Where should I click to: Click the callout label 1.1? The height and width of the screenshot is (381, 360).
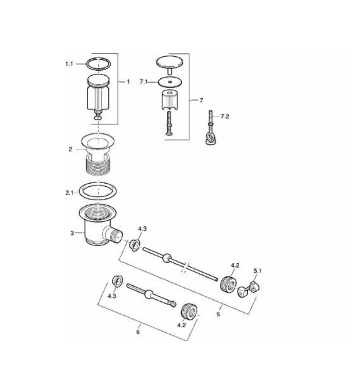[69, 63]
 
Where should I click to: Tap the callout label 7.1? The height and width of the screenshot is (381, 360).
[144, 82]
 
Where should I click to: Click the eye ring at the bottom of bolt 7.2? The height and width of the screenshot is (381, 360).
[210, 138]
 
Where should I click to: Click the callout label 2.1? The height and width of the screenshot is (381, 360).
[69, 193]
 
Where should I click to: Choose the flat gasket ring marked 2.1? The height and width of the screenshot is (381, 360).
[98, 190]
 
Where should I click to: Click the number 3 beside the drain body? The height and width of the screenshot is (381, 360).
[72, 233]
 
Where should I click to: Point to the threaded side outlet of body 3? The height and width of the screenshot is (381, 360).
[115, 234]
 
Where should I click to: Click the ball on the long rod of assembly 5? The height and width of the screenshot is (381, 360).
[167, 257]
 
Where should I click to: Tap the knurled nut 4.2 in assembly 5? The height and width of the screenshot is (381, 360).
[227, 282]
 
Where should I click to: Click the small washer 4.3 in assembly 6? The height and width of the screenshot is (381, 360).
[116, 280]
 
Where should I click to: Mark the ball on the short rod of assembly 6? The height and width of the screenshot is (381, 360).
[149, 294]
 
